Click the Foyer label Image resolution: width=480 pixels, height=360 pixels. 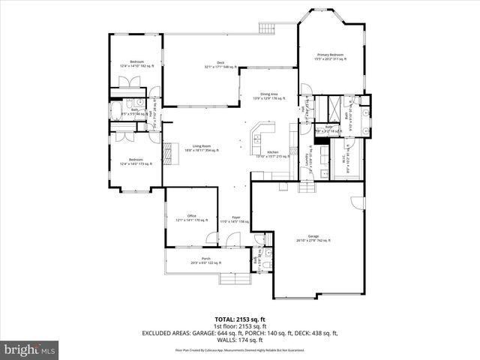[235, 219]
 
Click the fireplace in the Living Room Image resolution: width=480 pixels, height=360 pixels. [168, 152]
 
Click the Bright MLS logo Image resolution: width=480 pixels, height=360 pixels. [30, 349]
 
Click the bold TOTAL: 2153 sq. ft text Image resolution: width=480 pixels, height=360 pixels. [239, 319]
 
